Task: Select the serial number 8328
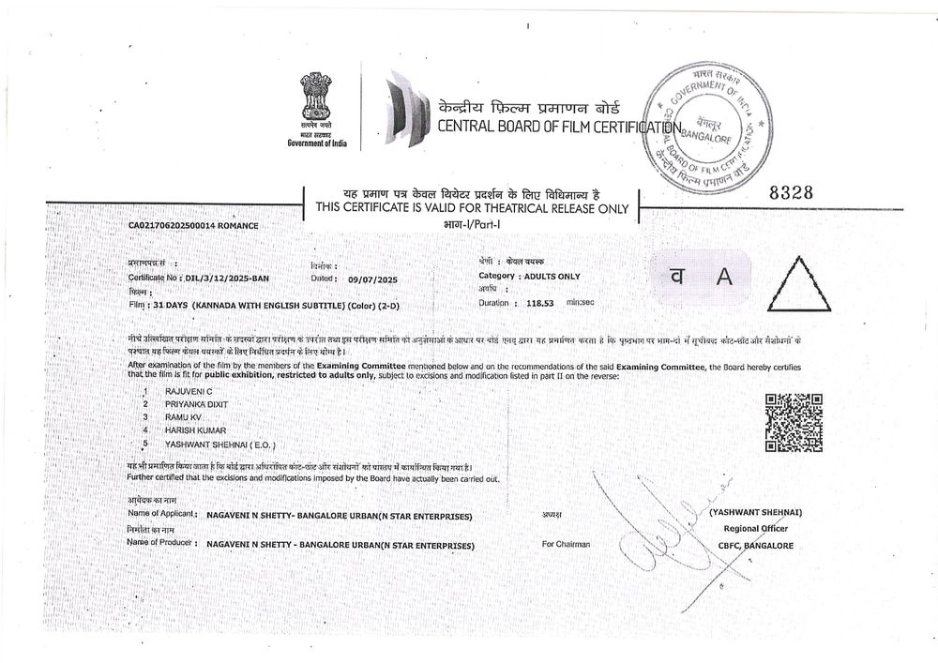click(x=791, y=191)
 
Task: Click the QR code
click(x=794, y=422)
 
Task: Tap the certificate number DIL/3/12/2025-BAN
click(x=228, y=279)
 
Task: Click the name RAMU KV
click(x=182, y=415)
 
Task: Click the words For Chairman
click(x=567, y=544)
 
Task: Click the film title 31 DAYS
click(x=171, y=306)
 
